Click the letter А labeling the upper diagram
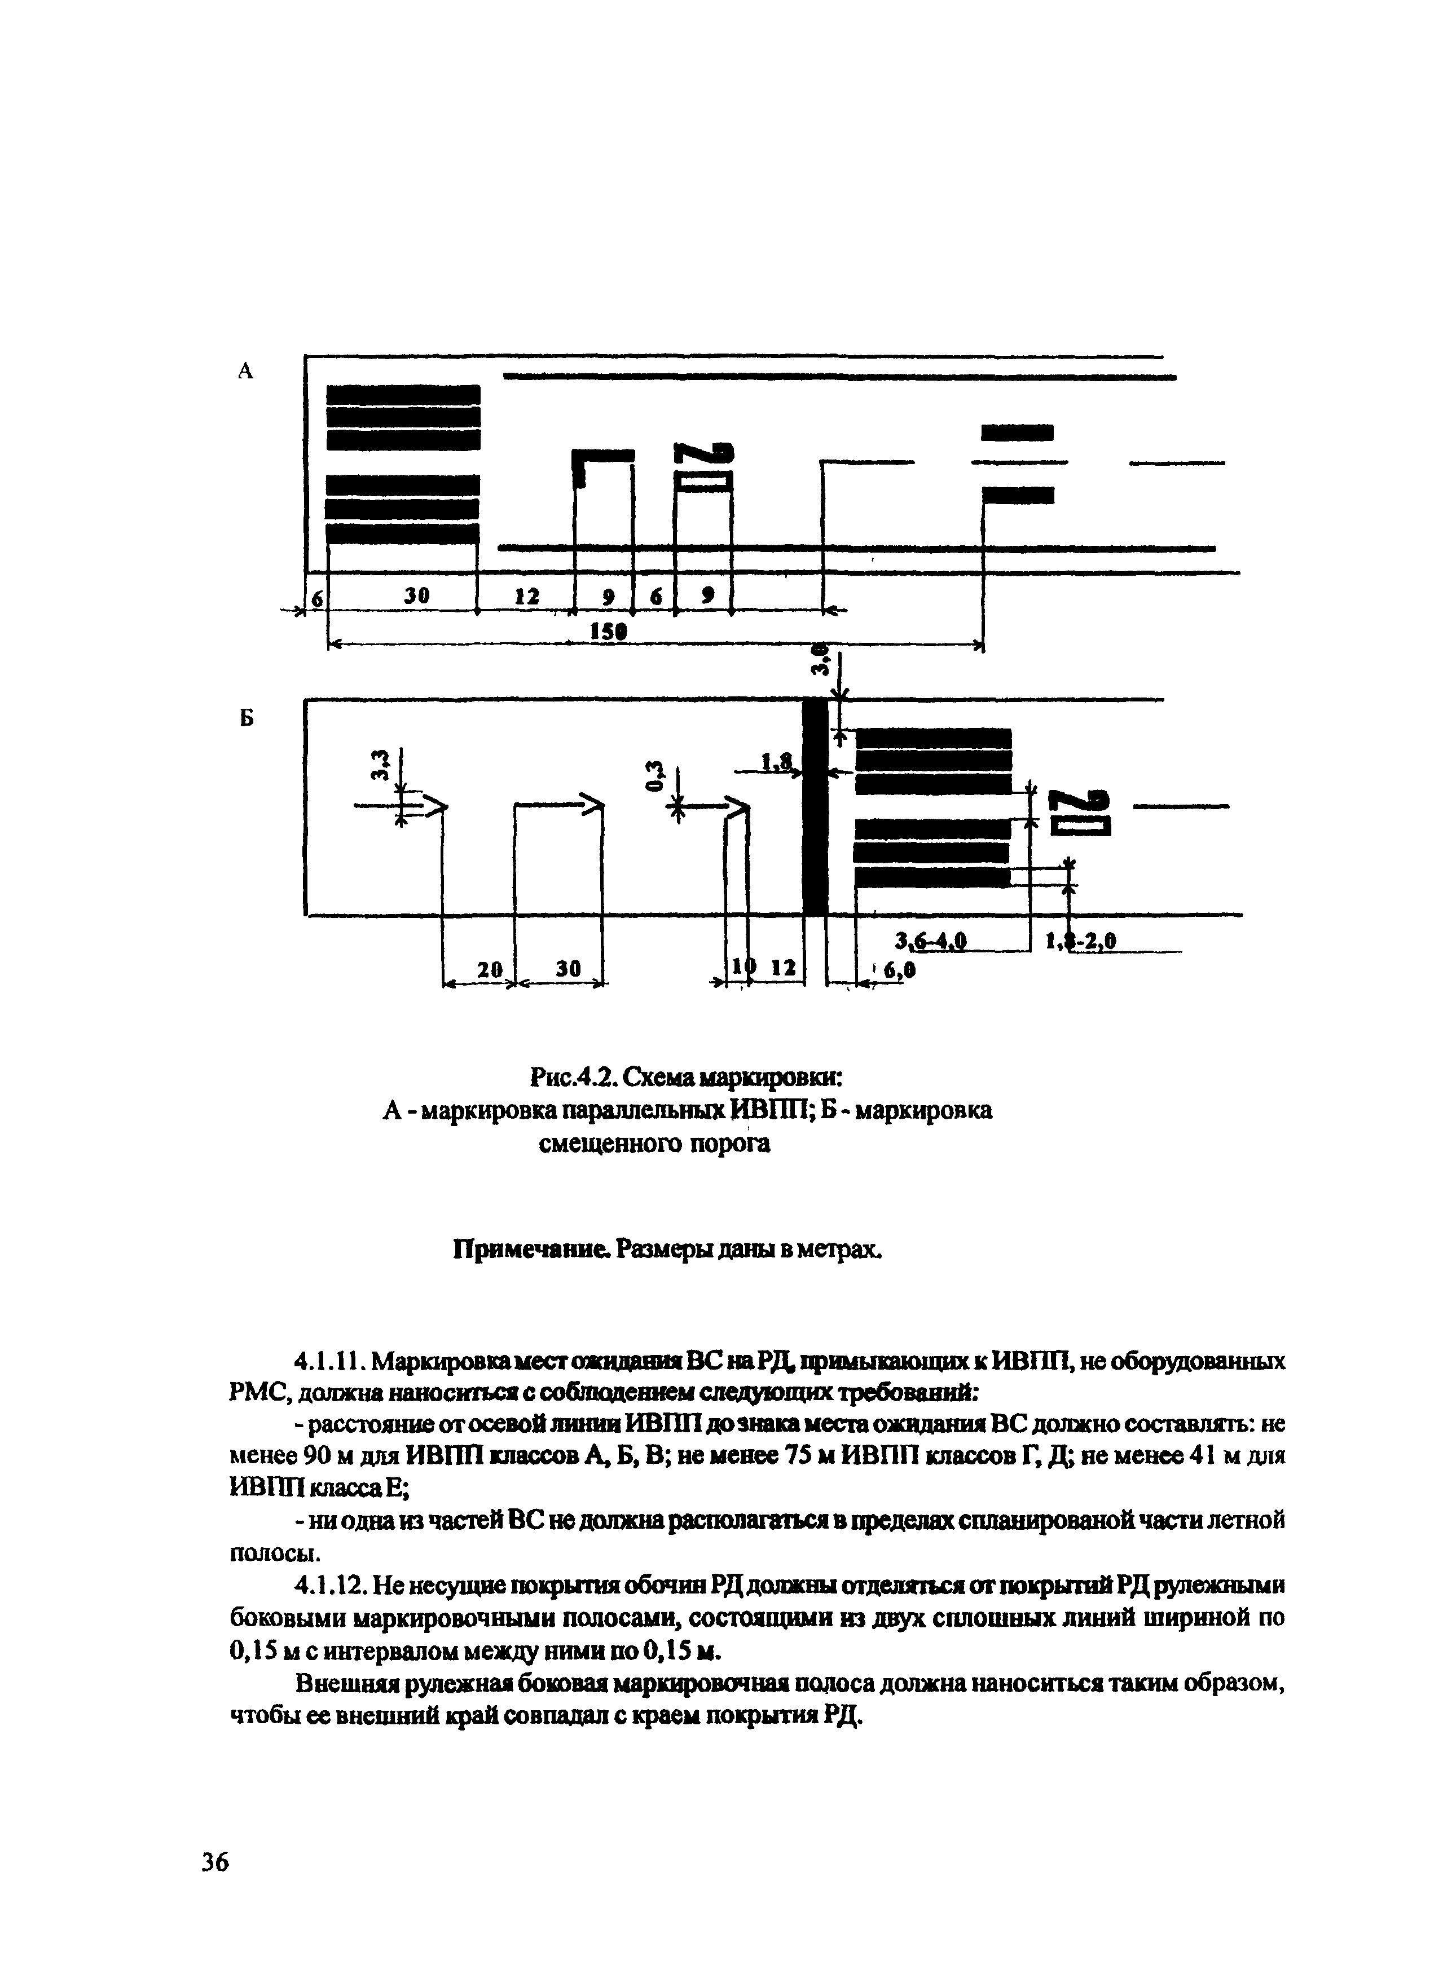245,372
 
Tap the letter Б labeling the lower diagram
247,718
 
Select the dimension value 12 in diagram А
526,596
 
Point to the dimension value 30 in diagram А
417,595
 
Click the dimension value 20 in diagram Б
492,969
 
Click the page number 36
215,1862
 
